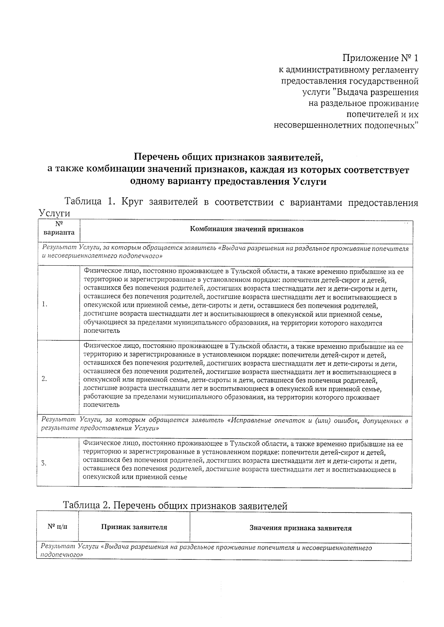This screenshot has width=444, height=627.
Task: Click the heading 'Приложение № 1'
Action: [381, 58]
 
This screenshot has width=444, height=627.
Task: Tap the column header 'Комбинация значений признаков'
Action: [246, 229]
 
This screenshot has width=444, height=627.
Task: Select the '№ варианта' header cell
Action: [58, 229]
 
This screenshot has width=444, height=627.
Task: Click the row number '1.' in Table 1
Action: [44, 304]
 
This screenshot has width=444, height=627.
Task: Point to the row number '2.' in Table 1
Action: [44, 379]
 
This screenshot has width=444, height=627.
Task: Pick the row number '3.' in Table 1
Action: [44, 463]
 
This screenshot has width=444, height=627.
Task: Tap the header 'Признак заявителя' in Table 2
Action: [134, 527]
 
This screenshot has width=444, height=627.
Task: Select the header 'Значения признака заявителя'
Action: [300, 528]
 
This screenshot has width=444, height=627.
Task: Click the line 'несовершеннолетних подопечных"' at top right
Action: [346, 126]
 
